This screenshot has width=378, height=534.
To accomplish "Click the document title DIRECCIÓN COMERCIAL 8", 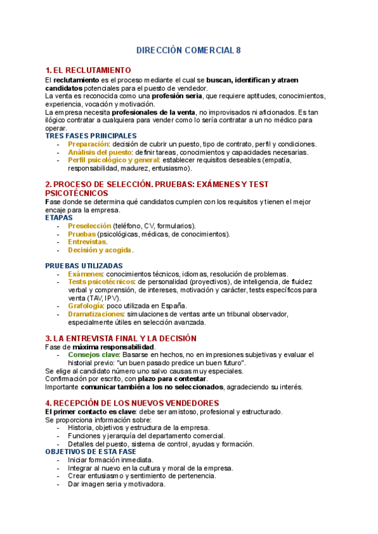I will point(189,50).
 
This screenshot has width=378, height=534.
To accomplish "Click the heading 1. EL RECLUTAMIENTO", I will point(88,70).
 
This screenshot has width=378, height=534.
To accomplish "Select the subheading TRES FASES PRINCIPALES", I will point(91,135).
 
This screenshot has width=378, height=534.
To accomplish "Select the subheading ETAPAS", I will point(59,217).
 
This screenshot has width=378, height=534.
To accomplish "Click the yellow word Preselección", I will point(89,225).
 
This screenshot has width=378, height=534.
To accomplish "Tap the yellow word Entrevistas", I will point(87,242).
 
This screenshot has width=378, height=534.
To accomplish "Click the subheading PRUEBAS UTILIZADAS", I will point(84,266).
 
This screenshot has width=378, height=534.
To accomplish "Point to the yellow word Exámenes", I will point(85,274).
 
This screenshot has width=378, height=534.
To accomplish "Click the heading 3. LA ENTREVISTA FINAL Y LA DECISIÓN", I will point(121,338).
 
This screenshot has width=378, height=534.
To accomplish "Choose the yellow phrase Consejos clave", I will point(93,355).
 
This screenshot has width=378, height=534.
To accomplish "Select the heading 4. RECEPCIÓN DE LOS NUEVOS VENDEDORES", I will point(132,403).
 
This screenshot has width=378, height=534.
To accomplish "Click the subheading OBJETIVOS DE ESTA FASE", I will point(91,452).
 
